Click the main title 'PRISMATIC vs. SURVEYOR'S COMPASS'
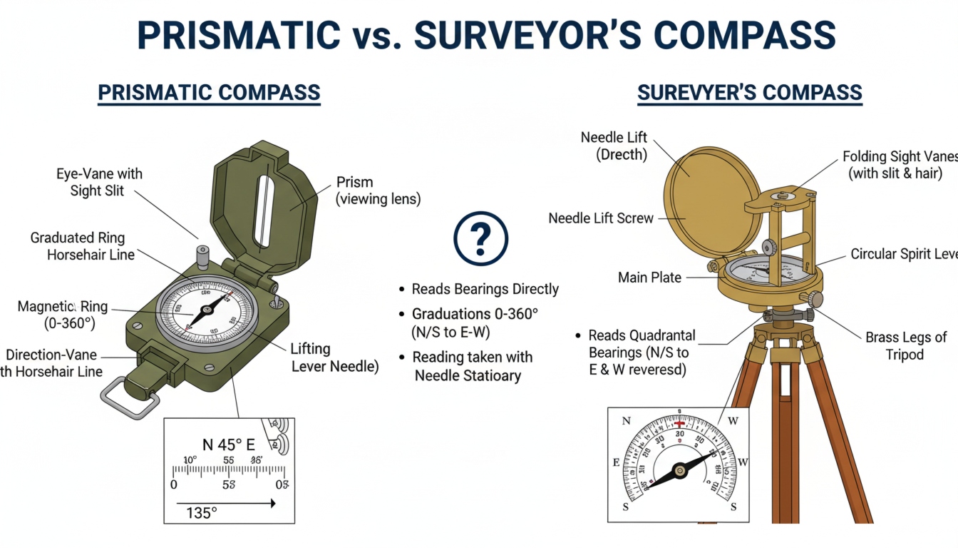(485, 34)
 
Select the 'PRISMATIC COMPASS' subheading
(209, 93)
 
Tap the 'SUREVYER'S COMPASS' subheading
(749, 93)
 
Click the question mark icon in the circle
(481, 238)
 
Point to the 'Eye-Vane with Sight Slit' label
(99, 182)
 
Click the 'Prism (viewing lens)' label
(378, 191)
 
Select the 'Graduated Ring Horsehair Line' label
(83, 246)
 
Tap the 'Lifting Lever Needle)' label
(334, 357)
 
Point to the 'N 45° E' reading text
(228, 445)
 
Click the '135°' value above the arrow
(201, 512)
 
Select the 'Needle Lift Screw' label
(600, 218)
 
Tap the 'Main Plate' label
(649, 277)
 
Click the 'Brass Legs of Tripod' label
(905, 346)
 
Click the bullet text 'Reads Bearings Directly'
(485, 289)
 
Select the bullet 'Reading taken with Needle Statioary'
(473, 366)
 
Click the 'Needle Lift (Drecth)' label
(614, 146)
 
